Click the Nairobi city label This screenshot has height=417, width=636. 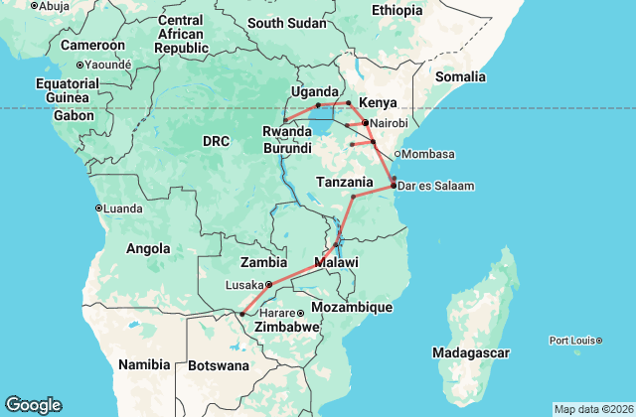pos(388,122)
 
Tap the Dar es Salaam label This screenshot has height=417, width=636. pos(435,186)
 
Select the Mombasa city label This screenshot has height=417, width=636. pos(428,154)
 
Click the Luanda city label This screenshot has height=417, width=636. pos(124,208)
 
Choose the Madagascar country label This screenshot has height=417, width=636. pos(471,352)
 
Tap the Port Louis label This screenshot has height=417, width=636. pos(572,341)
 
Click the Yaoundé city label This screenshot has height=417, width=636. pos(108,64)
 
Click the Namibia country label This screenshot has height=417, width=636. pos(144,364)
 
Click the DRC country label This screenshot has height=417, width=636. pos(216,142)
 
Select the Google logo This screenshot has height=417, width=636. pos(33,405)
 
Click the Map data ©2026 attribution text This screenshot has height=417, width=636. pos(592,409)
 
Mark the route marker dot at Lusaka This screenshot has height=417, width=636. pos(268,284)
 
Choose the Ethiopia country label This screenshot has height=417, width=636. pos(397,10)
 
